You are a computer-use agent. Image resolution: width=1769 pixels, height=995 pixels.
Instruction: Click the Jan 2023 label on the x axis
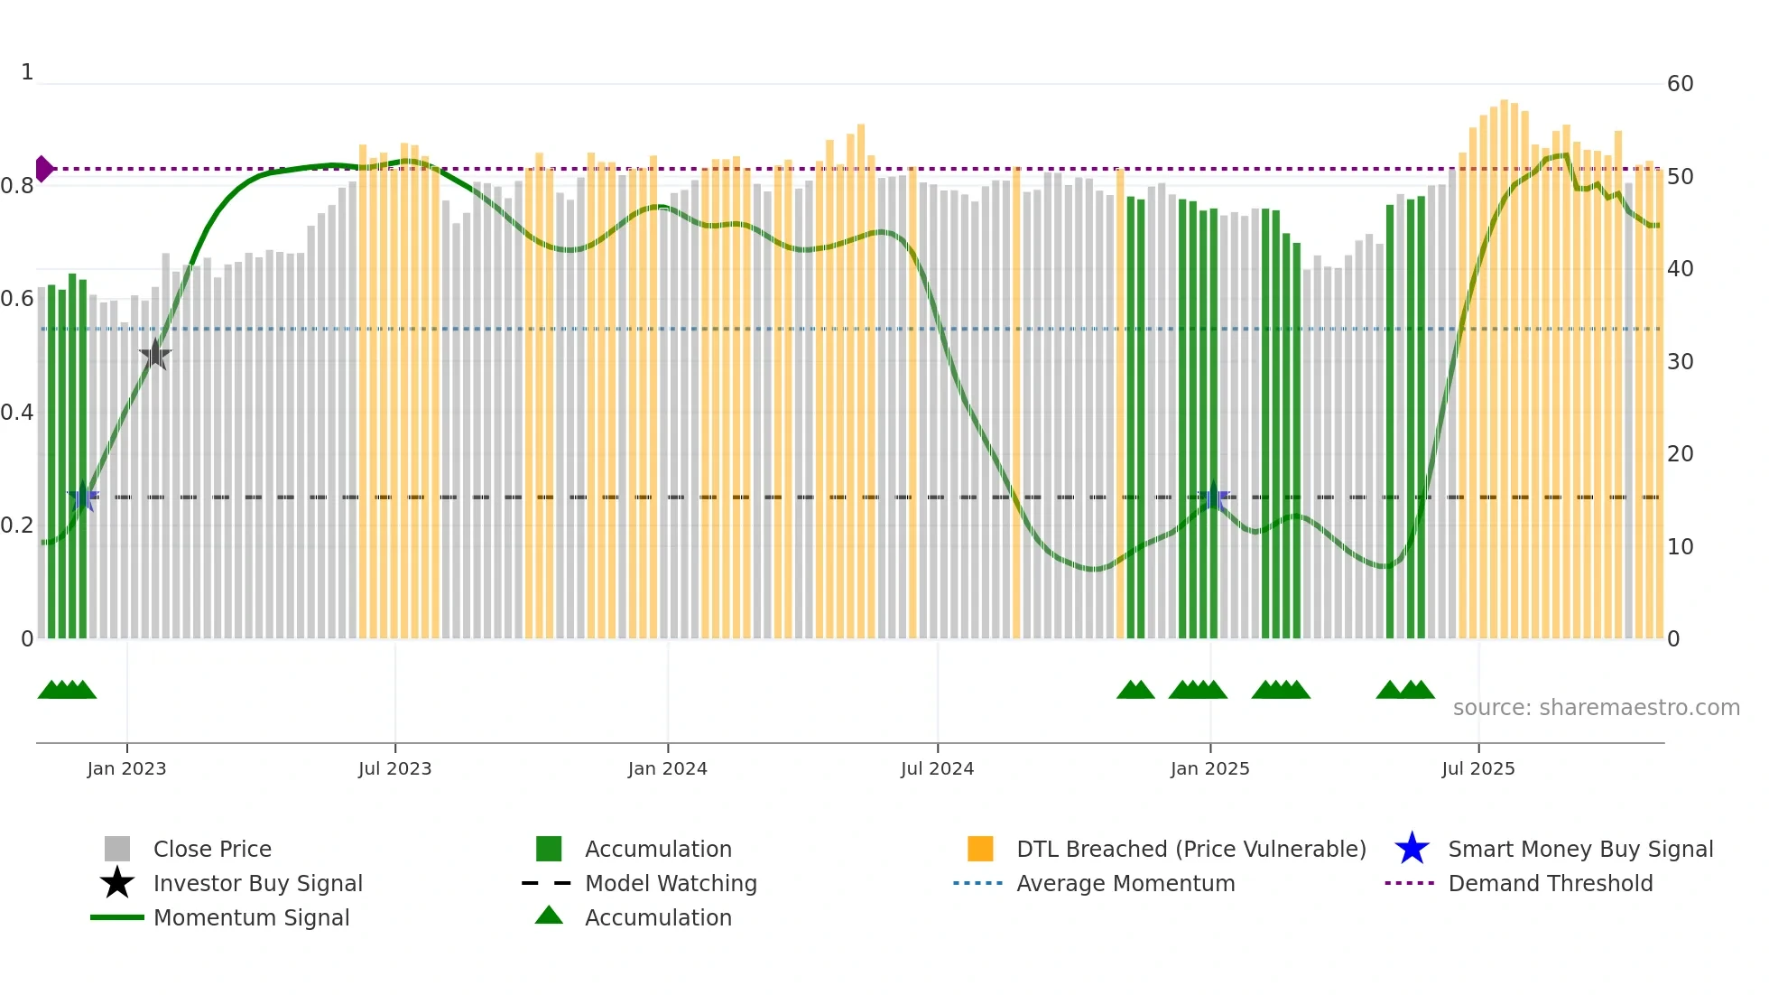click(126, 768)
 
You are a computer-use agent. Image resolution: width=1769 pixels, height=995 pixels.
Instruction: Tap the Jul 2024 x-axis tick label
click(937, 768)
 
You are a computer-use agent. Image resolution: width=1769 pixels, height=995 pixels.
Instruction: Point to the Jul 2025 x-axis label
click(1477, 768)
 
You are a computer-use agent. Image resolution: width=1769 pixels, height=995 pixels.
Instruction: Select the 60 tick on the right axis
click(1680, 84)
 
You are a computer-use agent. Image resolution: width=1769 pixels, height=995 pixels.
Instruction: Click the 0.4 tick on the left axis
click(17, 413)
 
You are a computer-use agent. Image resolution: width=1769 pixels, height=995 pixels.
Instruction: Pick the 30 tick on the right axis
click(1680, 362)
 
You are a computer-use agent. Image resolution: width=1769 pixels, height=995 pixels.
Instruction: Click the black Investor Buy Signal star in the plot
click(155, 355)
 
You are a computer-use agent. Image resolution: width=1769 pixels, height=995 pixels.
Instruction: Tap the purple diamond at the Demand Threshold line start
click(43, 169)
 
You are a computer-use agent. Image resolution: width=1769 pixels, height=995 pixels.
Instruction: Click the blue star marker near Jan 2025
click(1213, 497)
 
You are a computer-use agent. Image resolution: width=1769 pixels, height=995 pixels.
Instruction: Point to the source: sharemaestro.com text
click(1596, 707)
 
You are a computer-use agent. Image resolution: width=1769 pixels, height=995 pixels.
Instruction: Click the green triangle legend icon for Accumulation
click(549, 916)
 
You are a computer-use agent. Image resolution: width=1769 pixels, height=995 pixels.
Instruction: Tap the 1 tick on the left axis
click(27, 72)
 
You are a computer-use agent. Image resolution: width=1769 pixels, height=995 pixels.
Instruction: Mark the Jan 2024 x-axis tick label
click(667, 768)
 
